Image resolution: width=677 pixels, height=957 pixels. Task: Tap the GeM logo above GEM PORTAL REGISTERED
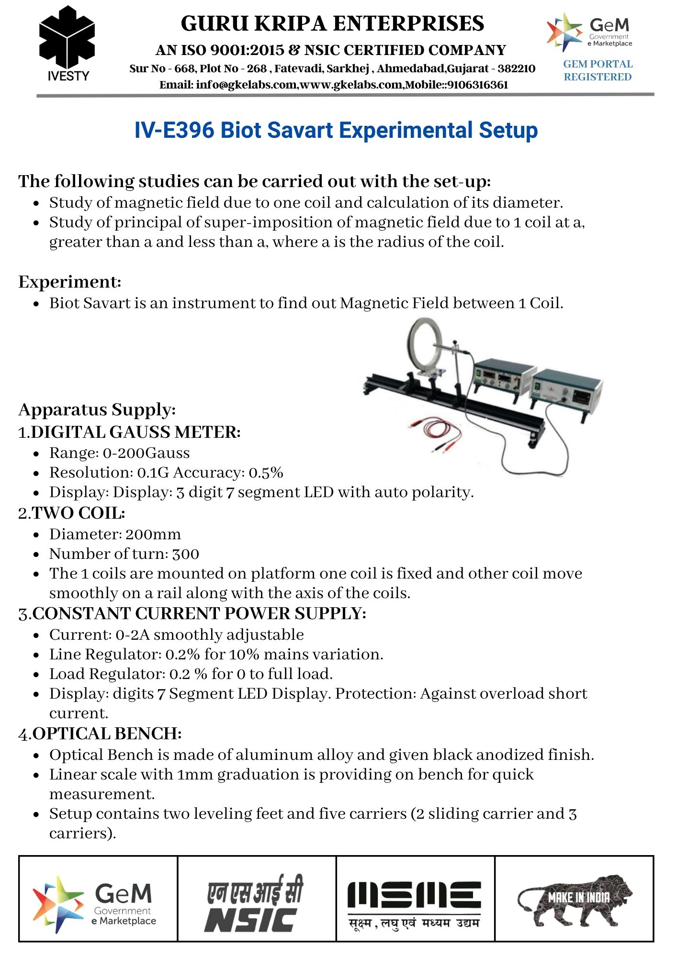click(590, 32)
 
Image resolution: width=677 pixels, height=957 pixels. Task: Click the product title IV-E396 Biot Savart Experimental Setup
click(336, 130)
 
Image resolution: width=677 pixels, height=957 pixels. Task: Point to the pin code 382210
click(516, 68)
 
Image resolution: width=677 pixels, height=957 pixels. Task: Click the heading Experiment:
click(70, 282)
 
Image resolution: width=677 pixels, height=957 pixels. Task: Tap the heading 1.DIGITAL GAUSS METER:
click(129, 432)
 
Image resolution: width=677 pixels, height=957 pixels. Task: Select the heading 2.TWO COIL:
click(72, 513)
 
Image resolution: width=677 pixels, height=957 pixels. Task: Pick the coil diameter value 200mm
click(153, 534)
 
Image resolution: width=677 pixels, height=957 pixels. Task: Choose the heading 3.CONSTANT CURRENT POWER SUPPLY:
click(192, 613)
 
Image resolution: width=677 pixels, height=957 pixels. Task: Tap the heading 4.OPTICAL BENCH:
click(100, 734)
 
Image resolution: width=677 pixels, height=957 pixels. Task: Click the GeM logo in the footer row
click(96, 904)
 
